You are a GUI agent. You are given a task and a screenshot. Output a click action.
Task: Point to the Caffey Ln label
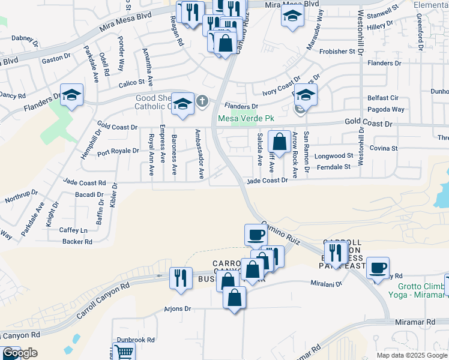click(x=73, y=230)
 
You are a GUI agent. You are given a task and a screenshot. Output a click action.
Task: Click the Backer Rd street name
click(x=77, y=242)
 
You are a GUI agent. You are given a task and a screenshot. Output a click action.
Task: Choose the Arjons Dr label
click(x=177, y=309)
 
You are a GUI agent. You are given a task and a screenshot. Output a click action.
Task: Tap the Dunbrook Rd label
click(x=136, y=340)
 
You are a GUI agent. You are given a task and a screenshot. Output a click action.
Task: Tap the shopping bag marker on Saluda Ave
click(x=280, y=143)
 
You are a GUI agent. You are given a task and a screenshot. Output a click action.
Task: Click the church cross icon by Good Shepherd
click(x=203, y=101)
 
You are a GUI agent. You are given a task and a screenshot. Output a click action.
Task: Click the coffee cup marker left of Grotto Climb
click(x=378, y=268)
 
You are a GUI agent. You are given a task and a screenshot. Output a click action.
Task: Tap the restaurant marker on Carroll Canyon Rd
click(x=181, y=278)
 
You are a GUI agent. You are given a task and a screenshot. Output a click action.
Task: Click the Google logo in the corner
click(x=20, y=353)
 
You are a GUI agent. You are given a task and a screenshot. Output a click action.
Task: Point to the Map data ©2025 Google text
click(x=411, y=355)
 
